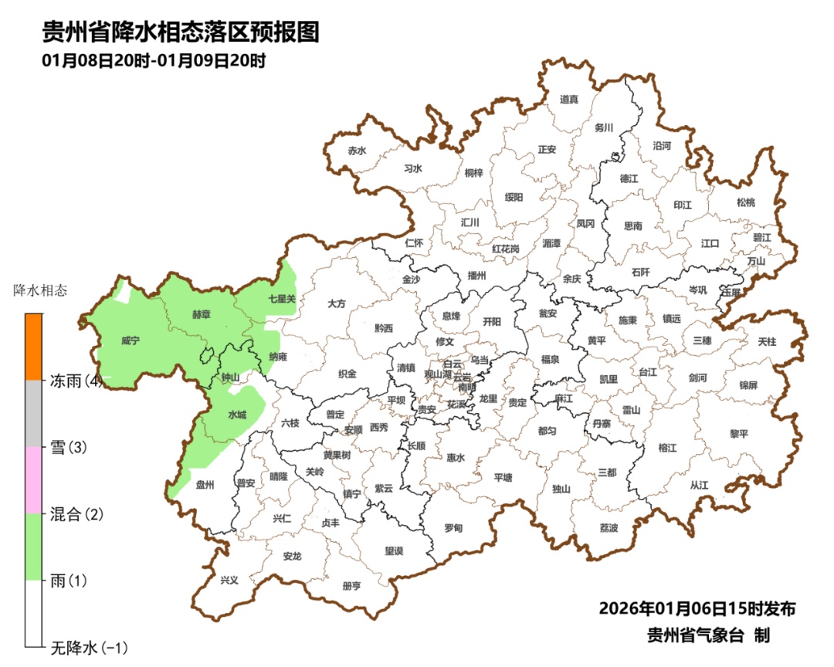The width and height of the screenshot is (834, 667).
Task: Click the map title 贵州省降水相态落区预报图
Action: tap(180, 32)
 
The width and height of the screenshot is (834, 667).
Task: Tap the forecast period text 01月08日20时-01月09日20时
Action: tap(154, 61)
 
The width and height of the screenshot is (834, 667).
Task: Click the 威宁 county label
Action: tap(130, 340)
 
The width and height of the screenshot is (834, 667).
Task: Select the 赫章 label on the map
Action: tap(203, 316)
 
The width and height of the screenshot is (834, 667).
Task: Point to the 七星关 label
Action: tap(282, 298)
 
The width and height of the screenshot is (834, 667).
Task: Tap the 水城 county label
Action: tap(237, 415)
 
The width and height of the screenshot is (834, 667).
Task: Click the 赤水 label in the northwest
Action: tap(356, 151)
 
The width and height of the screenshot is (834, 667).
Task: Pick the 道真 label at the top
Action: tap(569, 99)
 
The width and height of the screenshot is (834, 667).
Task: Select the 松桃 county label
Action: tap(745, 202)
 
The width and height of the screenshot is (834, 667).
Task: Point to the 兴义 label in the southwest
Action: tap(229, 581)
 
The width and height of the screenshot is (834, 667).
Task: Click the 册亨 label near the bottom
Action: tap(351, 586)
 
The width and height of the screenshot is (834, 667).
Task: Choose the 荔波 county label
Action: tap(609, 528)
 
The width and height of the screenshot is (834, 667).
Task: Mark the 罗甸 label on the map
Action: tap(453, 528)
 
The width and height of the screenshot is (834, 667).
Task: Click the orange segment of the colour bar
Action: tap(33, 347)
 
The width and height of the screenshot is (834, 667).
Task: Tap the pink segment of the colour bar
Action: tap(33, 480)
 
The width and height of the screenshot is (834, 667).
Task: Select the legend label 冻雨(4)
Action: tap(76, 381)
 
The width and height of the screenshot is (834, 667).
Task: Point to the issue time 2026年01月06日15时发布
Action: tap(697, 608)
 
